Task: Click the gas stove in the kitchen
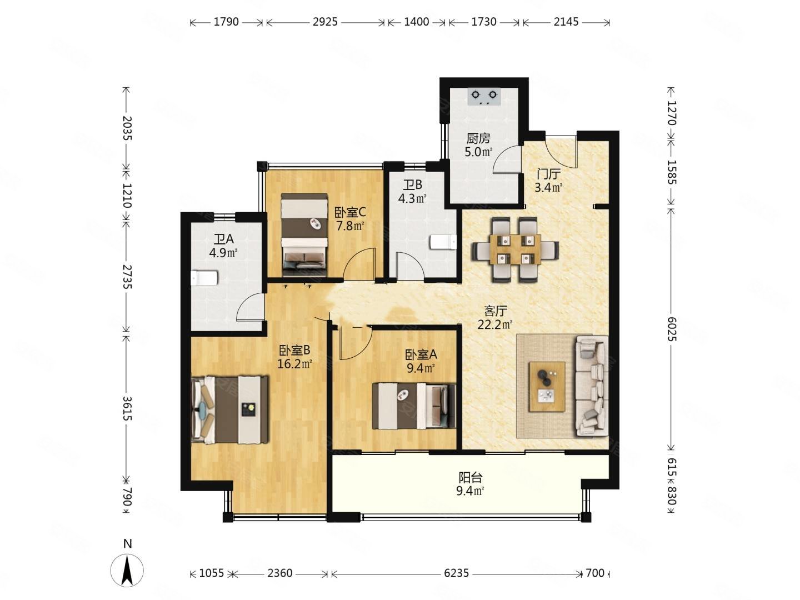click(x=484, y=97)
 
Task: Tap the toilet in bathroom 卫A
click(x=204, y=278)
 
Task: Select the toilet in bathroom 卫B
click(x=443, y=242)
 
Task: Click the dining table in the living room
click(x=515, y=249)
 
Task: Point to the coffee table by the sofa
click(x=547, y=387)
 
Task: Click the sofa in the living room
click(x=591, y=386)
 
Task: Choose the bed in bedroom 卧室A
click(x=414, y=406)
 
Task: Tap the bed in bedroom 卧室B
click(x=229, y=410)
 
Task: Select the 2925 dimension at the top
click(x=325, y=22)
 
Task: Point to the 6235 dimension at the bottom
click(x=456, y=573)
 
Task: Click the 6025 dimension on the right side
click(x=671, y=329)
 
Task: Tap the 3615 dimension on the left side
click(x=127, y=409)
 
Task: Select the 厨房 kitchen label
click(x=478, y=138)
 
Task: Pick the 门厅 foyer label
click(x=548, y=174)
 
